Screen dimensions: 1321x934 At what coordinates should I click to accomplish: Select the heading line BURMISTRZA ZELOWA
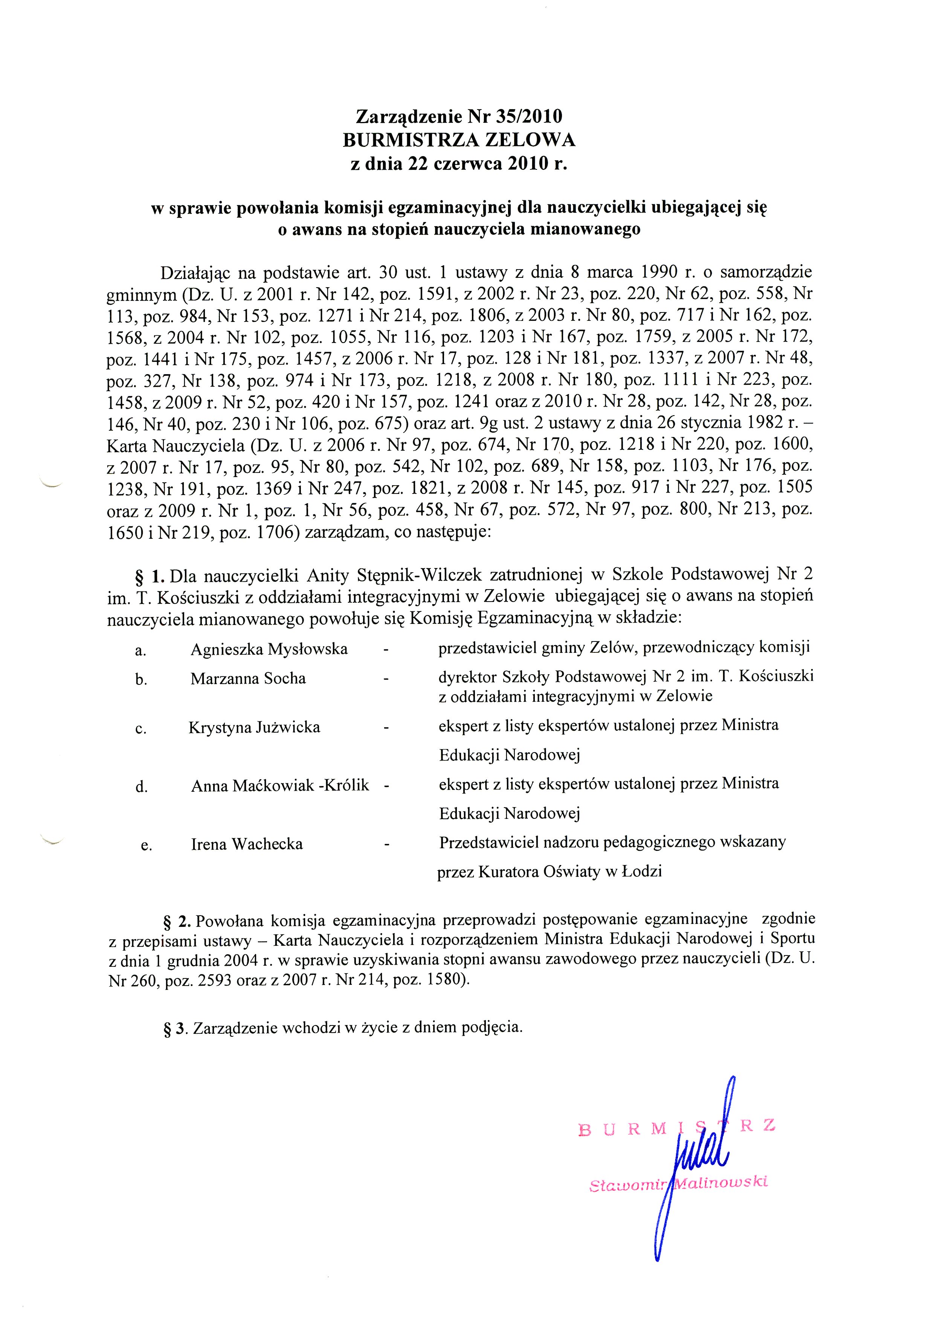459,140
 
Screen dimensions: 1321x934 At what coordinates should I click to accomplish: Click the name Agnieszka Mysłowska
269,649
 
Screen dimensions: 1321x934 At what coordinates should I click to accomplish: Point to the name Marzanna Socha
248,678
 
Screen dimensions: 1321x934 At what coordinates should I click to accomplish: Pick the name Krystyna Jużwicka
254,727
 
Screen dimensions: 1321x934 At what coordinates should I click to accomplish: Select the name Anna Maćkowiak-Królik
280,785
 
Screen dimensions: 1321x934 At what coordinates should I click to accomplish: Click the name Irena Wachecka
247,844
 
